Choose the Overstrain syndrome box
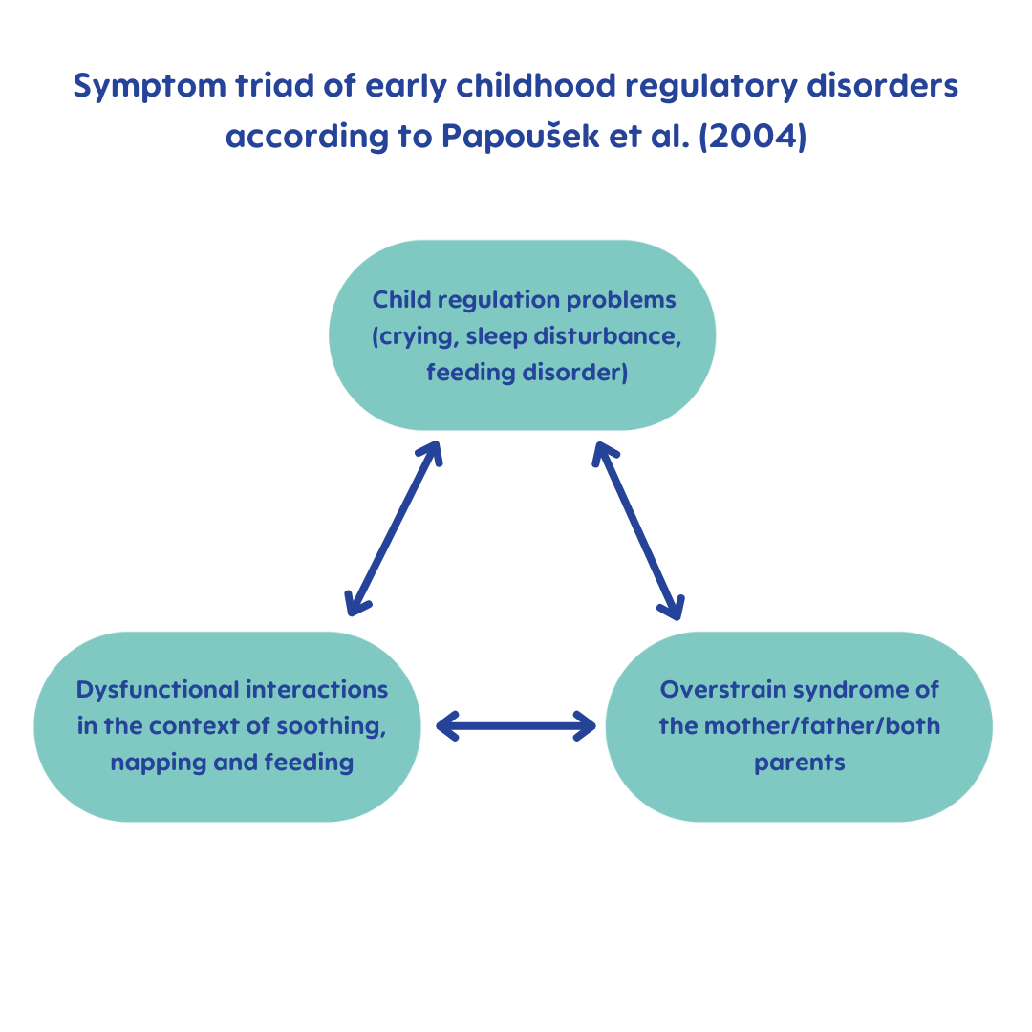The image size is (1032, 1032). [799, 726]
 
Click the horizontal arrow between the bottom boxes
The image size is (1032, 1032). [516, 726]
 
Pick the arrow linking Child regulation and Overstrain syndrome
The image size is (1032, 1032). [638, 530]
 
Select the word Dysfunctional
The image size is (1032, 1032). [158, 690]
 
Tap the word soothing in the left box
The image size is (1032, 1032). [331, 726]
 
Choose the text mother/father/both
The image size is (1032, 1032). [820, 726]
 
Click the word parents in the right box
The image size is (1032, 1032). [799, 763]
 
